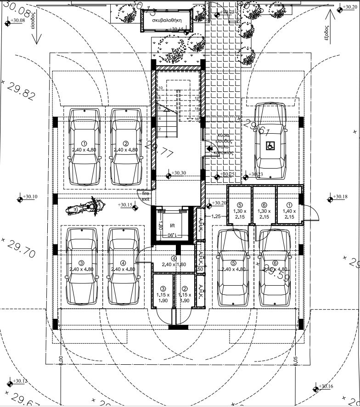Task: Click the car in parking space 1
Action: [84, 147]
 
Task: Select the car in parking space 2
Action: [126, 147]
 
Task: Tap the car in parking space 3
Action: [82, 266]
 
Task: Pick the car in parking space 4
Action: [123, 266]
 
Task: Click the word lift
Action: [172, 226]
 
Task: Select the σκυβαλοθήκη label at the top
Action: [168, 21]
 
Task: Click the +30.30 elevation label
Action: [179, 173]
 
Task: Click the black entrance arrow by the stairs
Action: [209, 148]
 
